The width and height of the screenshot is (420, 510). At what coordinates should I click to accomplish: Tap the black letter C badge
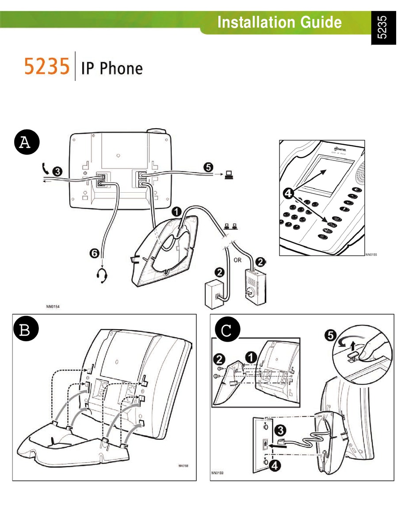click(x=226, y=331)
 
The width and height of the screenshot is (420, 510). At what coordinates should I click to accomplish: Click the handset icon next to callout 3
click(x=45, y=168)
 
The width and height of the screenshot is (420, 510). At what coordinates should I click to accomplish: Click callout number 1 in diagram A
click(x=177, y=211)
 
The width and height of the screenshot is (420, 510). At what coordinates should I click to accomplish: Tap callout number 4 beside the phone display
click(x=289, y=193)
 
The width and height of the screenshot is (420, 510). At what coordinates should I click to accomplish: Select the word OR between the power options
click(x=238, y=260)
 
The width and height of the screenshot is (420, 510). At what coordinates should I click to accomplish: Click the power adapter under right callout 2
click(x=255, y=288)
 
